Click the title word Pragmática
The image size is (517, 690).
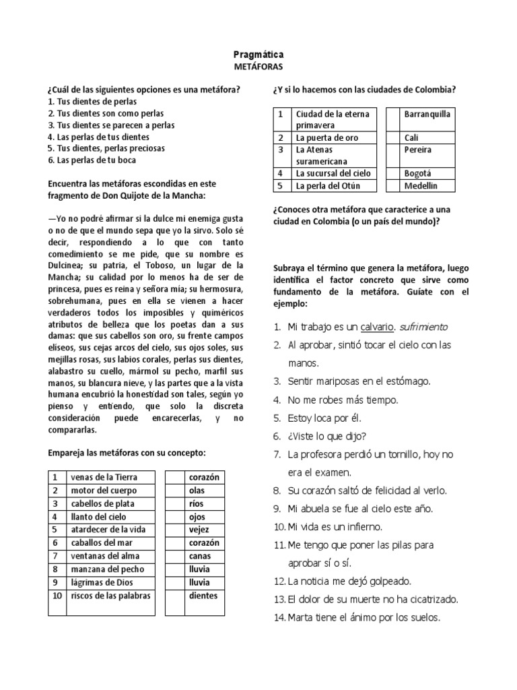pos(258,53)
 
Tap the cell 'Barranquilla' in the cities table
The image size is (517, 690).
pos(427,114)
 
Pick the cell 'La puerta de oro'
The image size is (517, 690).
pos(328,137)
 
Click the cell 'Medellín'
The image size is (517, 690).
pos(421,185)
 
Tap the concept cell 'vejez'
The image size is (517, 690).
pos(200,530)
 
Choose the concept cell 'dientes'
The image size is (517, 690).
pos(203,596)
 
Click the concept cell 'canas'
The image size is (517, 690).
pos(200,557)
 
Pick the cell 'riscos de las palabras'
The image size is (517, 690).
pos(110,596)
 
